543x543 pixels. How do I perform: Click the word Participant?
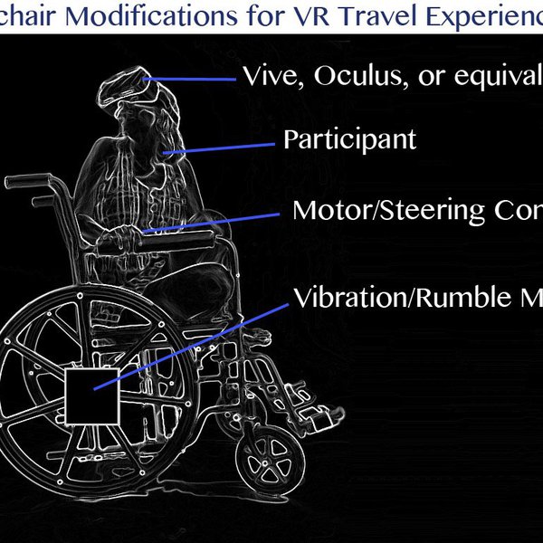coord(349,140)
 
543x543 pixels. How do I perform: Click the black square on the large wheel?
coord(92,395)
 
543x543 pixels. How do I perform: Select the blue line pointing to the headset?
coord(194,79)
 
